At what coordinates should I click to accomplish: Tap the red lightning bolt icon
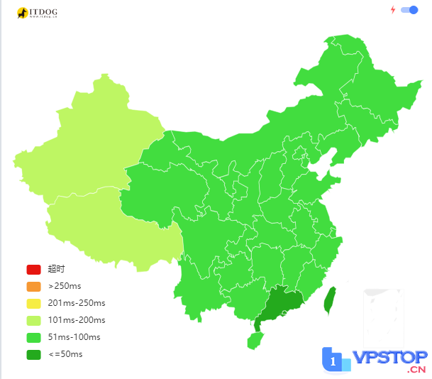tap(393, 10)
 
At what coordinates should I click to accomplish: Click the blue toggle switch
tap(409, 10)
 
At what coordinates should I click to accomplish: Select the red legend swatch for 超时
tap(34, 269)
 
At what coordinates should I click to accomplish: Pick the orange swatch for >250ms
tap(34, 286)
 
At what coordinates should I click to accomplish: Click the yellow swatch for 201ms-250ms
tap(34, 303)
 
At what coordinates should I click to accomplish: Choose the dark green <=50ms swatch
tap(34, 354)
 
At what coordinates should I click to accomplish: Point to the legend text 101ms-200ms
tap(77, 320)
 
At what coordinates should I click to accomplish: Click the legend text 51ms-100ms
tap(74, 337)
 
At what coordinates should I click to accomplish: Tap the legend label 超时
tap(56, 269)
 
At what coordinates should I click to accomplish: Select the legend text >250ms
tap(65, 286)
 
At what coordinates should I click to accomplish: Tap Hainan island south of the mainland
tap(255, 341)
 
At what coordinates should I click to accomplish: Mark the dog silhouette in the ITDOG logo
tap(22, 12)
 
